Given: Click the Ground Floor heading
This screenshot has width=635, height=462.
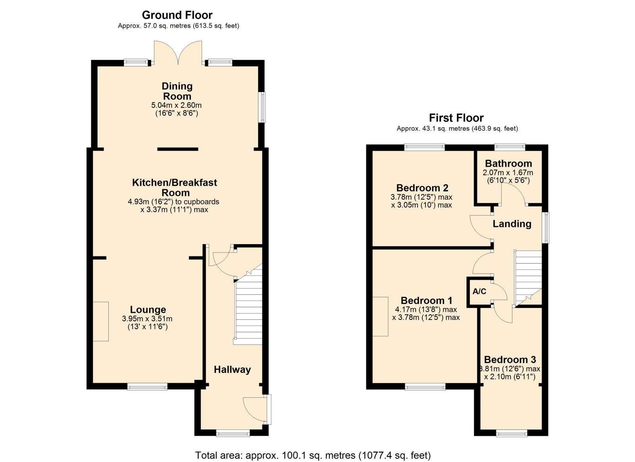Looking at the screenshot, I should pos(177,15).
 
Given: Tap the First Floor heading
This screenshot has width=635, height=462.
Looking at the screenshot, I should pos(456,118).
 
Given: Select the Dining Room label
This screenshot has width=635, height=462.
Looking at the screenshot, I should pos(177,91).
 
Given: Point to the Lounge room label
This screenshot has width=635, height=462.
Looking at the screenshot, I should pos(148,310).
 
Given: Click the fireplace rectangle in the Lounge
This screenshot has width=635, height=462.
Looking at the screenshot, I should pos(101,321).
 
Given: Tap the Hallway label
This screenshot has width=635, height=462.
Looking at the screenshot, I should pos(232,370).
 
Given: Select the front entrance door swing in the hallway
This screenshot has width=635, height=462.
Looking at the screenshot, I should pos(255,409).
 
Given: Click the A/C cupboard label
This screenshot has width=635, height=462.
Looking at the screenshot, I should pos(479,291).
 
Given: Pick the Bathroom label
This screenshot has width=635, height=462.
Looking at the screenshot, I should pos(508,164).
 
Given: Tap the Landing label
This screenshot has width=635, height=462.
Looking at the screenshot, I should pos(512,224).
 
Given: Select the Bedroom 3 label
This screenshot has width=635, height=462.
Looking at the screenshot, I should pos(510,360).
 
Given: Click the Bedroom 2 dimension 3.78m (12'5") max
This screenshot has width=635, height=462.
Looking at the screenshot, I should pos(421,197).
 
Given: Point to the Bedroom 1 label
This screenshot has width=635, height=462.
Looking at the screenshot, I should pos(426,300).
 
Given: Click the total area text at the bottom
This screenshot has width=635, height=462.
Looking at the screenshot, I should pos(313,455).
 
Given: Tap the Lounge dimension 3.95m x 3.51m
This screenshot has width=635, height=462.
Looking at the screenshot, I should pos(147,319).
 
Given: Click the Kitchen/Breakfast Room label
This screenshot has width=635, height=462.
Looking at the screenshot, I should pos(175,187).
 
